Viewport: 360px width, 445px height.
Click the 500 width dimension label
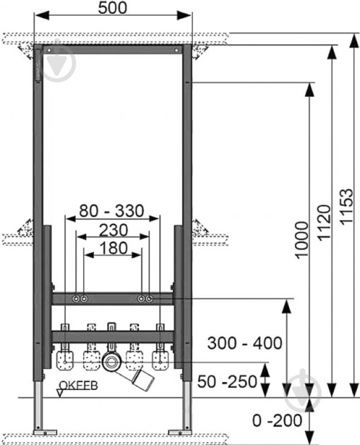(x=112, y=8)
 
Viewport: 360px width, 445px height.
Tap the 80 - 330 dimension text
(x=111, y=211)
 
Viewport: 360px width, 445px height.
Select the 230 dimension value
(x=113, y=230)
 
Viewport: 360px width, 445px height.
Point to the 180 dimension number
(x=114, y=248)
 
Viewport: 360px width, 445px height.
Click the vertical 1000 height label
(x=302, y=240)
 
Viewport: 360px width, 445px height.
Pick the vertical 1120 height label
(x=324, y=223)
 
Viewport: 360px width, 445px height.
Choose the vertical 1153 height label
(x=347, y=207)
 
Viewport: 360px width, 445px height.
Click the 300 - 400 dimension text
(x=245, y=343)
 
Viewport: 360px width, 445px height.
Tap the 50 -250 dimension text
(x=227, y=382)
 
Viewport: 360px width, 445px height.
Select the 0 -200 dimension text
(x=277, y=420)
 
